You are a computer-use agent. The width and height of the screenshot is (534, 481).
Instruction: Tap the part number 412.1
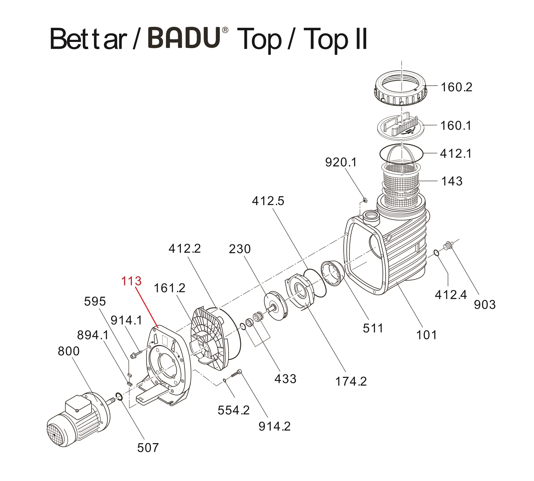click(x=456, y=154)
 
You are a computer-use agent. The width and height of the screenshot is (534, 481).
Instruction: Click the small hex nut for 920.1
click(x=364, y=200)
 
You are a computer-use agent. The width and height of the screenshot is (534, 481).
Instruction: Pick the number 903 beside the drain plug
click(x=485, y=305)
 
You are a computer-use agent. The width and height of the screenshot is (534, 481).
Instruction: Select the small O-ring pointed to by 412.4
click(x=437, y=253)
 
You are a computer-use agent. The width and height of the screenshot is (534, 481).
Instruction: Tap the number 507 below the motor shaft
click(x=148, y=448)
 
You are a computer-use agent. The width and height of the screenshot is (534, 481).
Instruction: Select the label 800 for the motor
click(x=69, y=351)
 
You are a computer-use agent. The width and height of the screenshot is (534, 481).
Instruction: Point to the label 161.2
click(x=169, y=288)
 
